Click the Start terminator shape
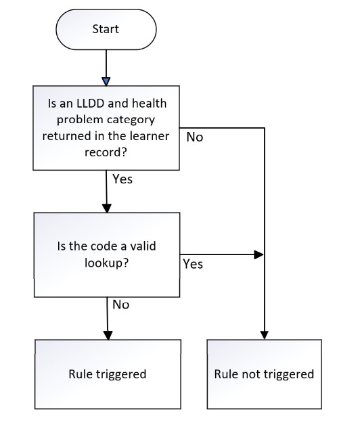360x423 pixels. pyautogui.click(x=106, y=29)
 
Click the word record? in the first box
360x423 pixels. pyautogui.click(x=106, y=152)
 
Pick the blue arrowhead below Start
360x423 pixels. pyautogui.click(x=106, y=82)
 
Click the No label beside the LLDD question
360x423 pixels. pyautogui.click(x=195, y=137)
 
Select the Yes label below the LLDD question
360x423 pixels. pyautogui.click(x=122, y=179)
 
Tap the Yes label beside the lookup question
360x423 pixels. pyautogui.click(x=193, y=264)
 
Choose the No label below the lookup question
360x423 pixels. pyautogui.click(x=121, y=305)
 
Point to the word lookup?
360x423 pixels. pyautogui.click(x=106, y=263)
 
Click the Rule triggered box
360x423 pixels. pyautogui.click(x=108, y=374)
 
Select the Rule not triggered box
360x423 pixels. pyautogui.click(x=265, y=374)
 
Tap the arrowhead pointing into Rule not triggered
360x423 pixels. pyautogui.click(x=265, y=335)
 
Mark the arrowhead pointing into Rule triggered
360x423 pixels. pyautogui.click(x=108, y=335)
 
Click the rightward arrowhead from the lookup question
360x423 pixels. pyautogui.click(x=259, y=254)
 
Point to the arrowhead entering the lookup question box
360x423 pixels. pyautogui.click(x=107, y=208)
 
